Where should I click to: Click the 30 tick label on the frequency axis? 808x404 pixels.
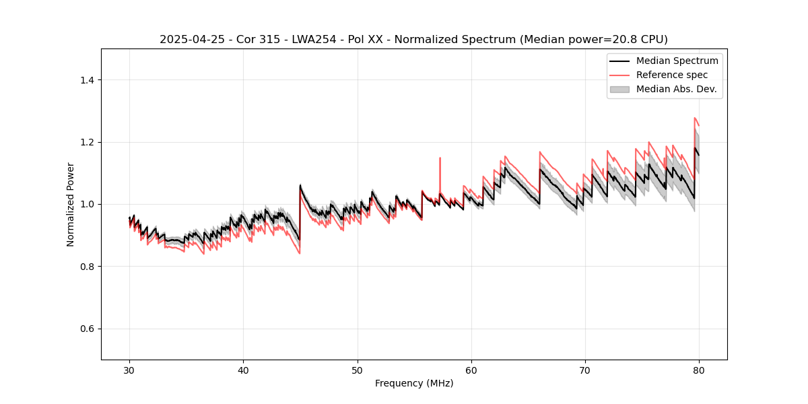(x=130, y=370)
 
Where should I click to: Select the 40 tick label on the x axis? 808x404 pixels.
(x=244, y=370)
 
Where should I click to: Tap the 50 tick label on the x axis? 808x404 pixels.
(x=358, y=370)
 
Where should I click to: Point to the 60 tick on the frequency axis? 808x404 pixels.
(x=471, y=370)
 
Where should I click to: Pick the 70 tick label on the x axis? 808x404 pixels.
(x=585, y=370)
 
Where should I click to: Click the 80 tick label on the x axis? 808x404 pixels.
(x=699, y=370)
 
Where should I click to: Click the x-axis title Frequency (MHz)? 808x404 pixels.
(x=414, y=384)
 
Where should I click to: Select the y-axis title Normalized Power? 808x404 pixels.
(x=71, y=204)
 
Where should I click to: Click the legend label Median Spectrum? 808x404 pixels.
(x=677, y=61)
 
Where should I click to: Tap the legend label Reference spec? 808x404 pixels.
(x=672, y=75)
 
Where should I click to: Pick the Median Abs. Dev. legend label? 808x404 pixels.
(x=676, y=89)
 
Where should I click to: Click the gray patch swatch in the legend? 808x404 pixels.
(x=619, y=89)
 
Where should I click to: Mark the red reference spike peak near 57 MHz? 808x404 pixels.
(x=440, y=158)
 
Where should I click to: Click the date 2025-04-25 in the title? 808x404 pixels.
(x=189, y=40)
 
